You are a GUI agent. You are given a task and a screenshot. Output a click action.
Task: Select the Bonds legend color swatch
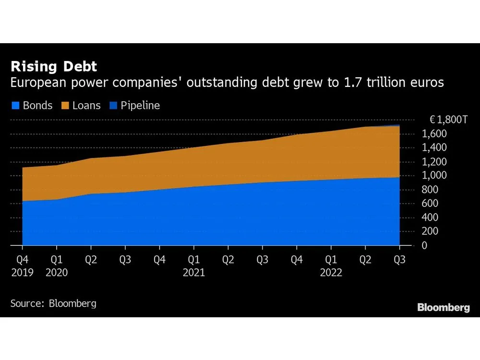(15, 106)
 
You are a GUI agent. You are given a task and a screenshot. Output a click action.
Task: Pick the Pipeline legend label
(140, 106)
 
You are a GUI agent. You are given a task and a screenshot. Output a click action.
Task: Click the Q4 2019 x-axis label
(23, 266)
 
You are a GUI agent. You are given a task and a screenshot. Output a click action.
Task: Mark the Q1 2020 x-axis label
(57, 266)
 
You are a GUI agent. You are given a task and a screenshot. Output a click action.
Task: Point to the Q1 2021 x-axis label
(193, 266)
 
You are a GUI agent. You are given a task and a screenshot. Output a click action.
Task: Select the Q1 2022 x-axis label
(331, 266)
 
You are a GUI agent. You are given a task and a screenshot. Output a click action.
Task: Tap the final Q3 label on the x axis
(399, 260)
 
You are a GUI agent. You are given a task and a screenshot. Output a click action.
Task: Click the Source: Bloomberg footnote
(53, 303)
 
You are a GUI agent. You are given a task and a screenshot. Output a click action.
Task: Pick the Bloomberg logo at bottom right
(444, 308)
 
